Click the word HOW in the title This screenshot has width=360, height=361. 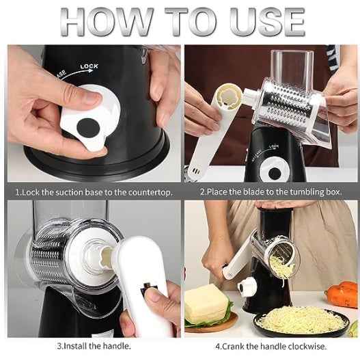pyautogui.click(x=110, y=22)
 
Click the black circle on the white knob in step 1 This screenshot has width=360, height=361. pyautogui.click(x=88, y=127)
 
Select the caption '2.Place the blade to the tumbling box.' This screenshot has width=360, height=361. pyautogui.click(x=271, y=192)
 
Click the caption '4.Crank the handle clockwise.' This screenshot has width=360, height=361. pyautogui.click(x=271, y=346)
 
